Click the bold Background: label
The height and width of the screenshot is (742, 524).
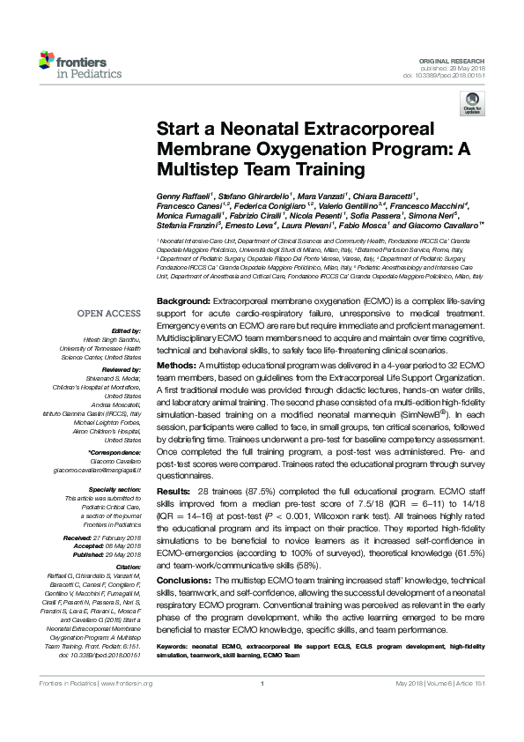pos(182,301)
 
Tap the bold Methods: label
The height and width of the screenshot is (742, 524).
pos(177,365)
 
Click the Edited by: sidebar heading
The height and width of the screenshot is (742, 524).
pos(123,330)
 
